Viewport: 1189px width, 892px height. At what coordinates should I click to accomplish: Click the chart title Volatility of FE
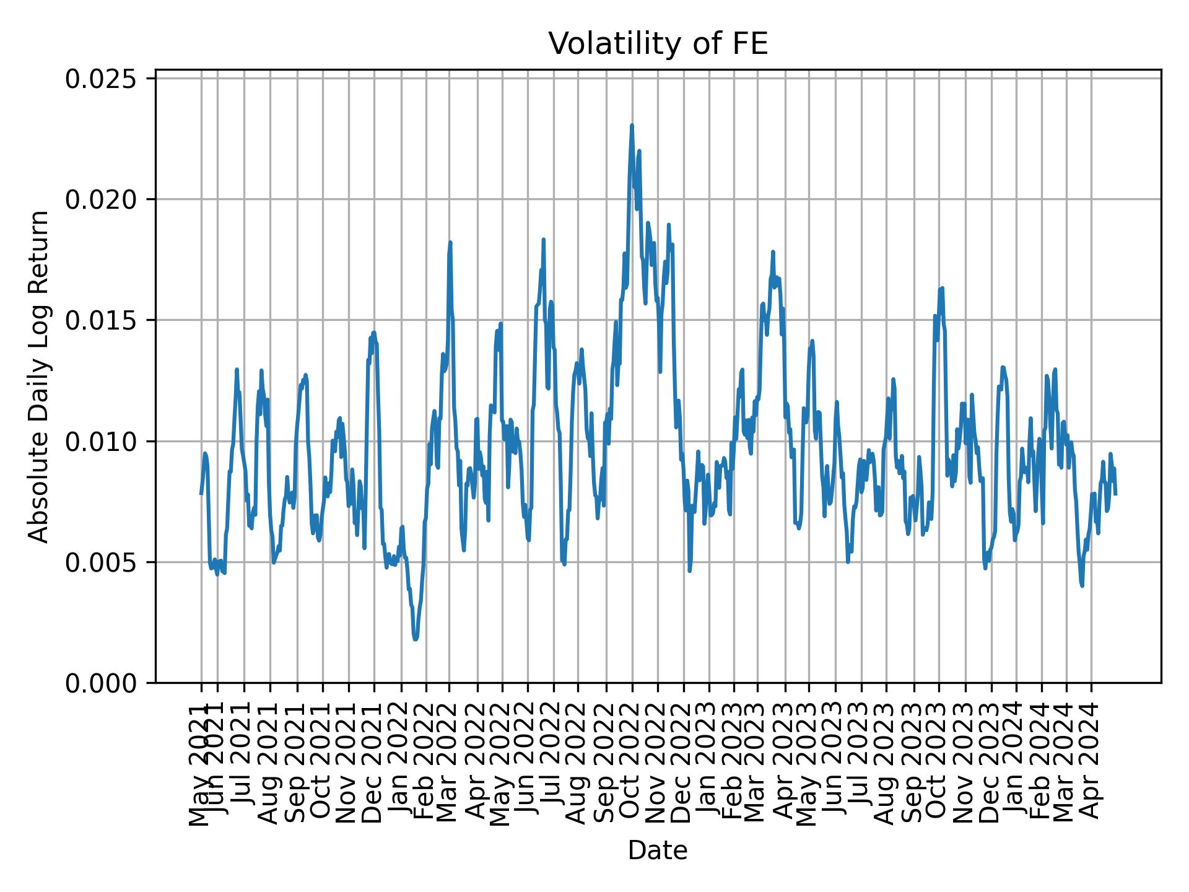click(x=658, y=44)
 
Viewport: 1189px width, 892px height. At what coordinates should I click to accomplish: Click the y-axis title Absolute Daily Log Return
click(x=40, y=376)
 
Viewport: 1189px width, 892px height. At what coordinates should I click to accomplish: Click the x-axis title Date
click(x=658, y=850)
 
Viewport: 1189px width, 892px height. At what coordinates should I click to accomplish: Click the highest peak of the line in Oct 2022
click(x=632, y=125)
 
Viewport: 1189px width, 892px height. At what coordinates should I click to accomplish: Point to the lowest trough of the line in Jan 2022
click(x=416, y=639)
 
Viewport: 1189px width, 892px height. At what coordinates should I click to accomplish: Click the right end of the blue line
click(x=1115, y=494)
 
